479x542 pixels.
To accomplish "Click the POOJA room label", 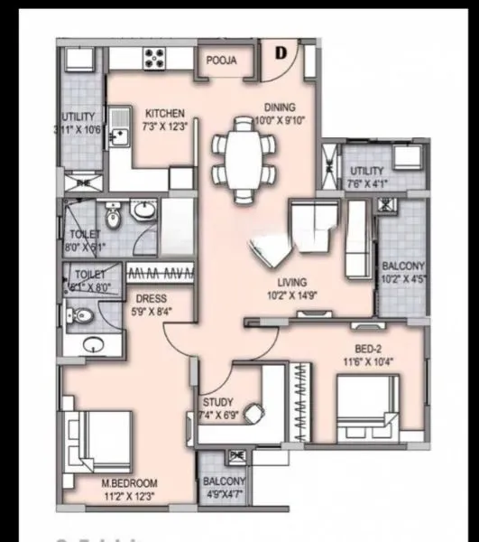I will (221, 61).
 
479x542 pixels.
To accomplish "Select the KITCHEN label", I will (165, 115).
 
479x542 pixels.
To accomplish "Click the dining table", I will (243, 151).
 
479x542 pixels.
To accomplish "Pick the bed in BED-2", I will (365, 406).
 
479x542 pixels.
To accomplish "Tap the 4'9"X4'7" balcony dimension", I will (221, 494).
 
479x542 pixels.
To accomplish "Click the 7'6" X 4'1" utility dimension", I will (366, 182).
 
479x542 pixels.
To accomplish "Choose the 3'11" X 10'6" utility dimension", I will (78, 129).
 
